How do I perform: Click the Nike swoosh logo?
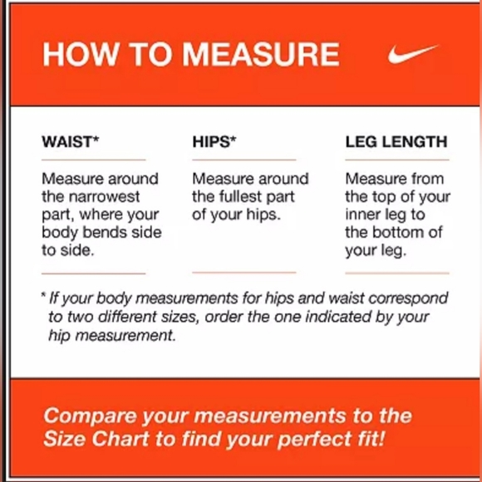tap(412, 54)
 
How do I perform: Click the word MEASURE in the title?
tap(261, 54)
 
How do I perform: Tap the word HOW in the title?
tap(80, 54)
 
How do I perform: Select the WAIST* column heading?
tap(71, 142)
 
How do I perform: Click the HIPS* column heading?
tap(214, 142)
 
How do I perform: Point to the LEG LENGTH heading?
tap(396, 142)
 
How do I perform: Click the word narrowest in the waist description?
tap(104, 197)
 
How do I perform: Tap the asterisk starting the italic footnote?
tap(44, 295)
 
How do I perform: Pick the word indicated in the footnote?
tap(338, 317)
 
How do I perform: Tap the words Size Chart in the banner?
tap(96, 438)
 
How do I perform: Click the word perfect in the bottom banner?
tap(314, 440)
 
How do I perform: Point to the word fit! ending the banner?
tap(370, 438)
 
